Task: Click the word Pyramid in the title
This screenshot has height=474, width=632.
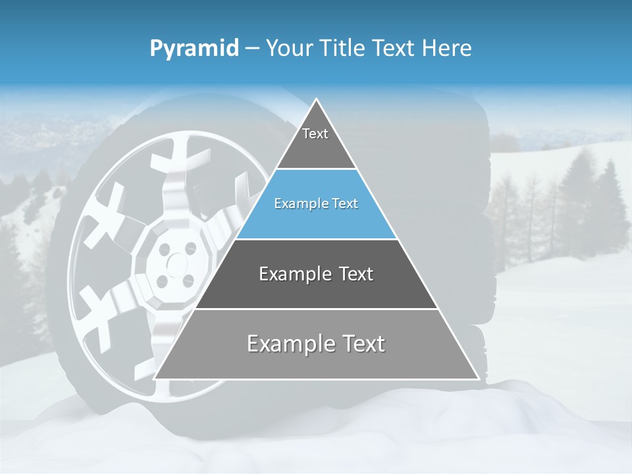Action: coord(194,49)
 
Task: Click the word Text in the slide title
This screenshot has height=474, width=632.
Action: coord(394,49)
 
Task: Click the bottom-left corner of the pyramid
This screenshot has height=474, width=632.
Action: coord(155,379)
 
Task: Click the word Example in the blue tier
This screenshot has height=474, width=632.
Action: coord(297,204)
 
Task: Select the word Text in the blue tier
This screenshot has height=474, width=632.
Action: coord(344,204)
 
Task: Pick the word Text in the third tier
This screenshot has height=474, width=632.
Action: coord(356,274)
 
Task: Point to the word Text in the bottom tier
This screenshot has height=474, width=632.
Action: coord(364,344)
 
